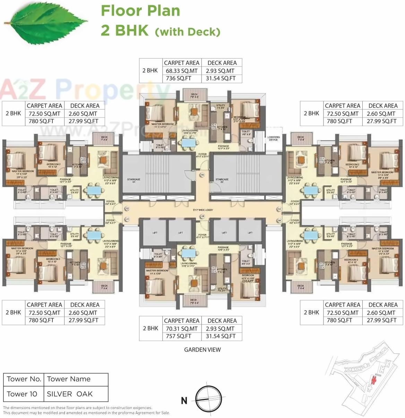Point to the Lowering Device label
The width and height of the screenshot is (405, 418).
tap(273, 138)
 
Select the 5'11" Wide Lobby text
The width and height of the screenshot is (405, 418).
tap(203, 210)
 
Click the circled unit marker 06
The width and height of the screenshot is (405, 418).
tap(203, 175)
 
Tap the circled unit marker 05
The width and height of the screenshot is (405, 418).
tap(203, 217)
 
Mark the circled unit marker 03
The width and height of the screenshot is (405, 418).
tap(279, 209)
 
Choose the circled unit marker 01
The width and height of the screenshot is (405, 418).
tap(127, 219)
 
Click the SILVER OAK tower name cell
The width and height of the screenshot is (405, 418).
tap(70, 394)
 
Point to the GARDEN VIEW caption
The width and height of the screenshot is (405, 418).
tap(202, 350)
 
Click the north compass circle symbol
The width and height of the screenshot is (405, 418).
tap(208, 399)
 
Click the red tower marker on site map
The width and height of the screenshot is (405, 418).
tap(373, 380)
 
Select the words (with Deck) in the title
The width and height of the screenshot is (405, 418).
tap(188, 32)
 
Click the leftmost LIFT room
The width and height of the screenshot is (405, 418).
tap(155, 233)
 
